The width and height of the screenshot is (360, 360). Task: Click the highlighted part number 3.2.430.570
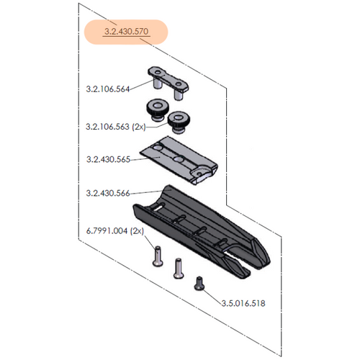(126, 32)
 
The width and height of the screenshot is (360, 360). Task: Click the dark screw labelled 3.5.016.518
(200, 284)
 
